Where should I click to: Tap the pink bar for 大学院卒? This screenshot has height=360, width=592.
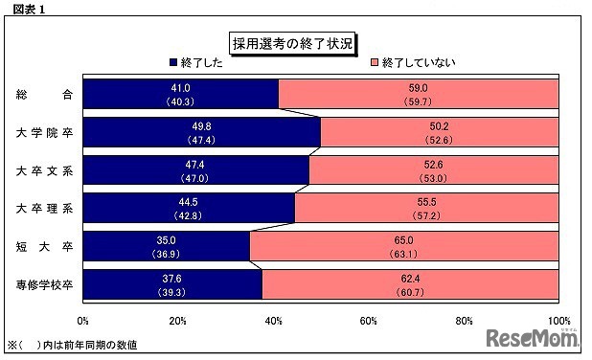(439, 131)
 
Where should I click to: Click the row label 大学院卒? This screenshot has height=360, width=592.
(44, 132)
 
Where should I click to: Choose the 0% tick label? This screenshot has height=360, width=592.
(83, 320)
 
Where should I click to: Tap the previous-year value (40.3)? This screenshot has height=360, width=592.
(181, 101)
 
